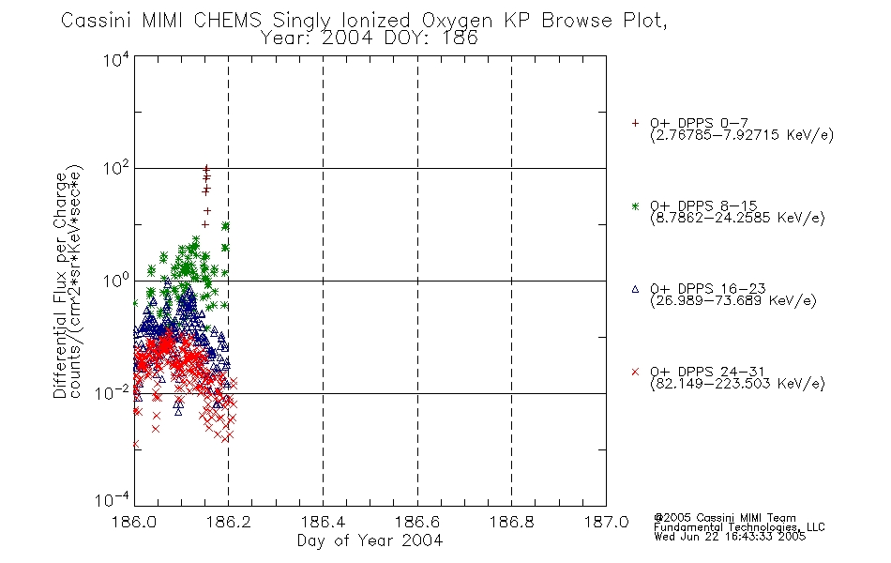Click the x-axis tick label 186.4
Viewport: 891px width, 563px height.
pos(323,522)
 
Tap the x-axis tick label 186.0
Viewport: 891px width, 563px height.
pos(134,522)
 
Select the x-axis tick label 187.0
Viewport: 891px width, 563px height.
pos(606,522)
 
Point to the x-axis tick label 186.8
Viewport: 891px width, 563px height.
pos(511,522)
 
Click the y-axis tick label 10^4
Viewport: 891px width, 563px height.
pos(116,60)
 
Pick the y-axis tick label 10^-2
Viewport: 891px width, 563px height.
pos(112,392)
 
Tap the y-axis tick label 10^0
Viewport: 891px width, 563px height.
pos(116,281)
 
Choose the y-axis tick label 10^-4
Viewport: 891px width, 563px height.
pos(112,499)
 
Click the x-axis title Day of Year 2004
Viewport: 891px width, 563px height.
pos(370,540)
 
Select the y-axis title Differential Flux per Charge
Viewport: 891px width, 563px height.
pos(60,285)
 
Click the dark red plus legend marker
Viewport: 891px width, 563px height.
pos(635,123)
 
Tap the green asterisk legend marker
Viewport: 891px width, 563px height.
pos(635,205)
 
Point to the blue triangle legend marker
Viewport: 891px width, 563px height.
pos(635,289)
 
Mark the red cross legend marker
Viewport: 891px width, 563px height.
pos(635,372)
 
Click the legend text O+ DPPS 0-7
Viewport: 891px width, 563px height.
pos(699,123)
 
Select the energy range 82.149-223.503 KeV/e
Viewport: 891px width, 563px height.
pos(737,384)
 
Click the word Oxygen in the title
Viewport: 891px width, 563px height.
pos(457,21)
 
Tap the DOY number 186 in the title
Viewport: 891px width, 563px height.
pos(458,38)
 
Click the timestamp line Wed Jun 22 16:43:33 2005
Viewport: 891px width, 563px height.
pos(730,537)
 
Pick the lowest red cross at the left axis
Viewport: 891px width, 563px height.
pos(135,444)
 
